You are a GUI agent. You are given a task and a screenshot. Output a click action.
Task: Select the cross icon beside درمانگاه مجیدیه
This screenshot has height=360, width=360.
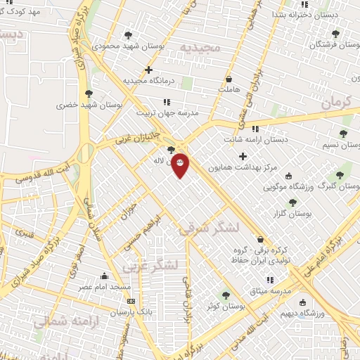148,70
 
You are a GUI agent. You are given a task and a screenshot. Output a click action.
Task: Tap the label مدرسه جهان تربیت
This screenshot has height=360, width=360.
169,112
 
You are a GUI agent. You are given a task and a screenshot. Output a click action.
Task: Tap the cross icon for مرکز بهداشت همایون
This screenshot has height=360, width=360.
243,156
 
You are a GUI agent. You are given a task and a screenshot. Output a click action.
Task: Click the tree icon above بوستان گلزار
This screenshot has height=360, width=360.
292,202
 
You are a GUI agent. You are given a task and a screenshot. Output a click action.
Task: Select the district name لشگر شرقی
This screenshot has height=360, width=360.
209,229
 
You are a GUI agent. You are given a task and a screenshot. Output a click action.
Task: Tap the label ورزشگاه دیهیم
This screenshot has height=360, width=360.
309,313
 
